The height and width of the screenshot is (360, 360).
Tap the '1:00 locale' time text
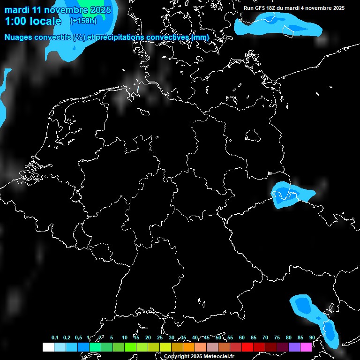[33, 21]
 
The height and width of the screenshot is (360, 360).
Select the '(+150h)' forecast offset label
[83, 21]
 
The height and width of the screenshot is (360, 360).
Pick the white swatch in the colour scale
[48, 347]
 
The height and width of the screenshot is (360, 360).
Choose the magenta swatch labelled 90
[306, 347]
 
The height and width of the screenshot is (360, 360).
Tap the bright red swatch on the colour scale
[247, 347]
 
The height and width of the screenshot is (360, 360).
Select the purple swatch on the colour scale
[294, 347]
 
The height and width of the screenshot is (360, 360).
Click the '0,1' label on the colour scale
[55, 338]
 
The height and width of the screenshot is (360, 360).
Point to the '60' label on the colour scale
[242, 338]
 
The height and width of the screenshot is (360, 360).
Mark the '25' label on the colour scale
[159, 338]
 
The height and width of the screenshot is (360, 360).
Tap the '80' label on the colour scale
[289, 338]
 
